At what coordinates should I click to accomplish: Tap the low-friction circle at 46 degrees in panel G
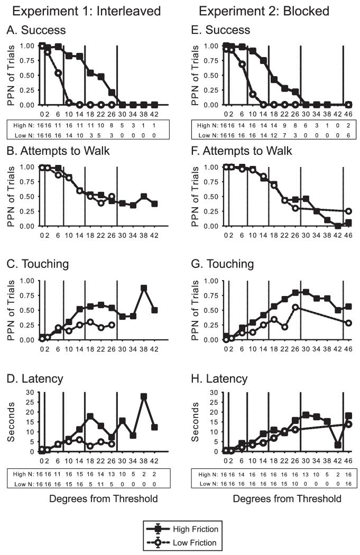point(348,322)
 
